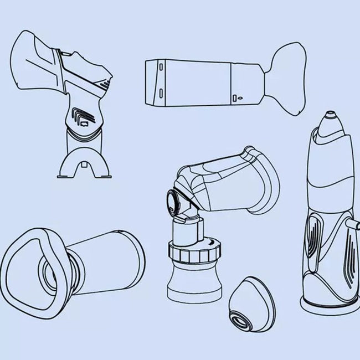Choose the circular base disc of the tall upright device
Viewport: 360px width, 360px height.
click(x=327, y=304)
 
